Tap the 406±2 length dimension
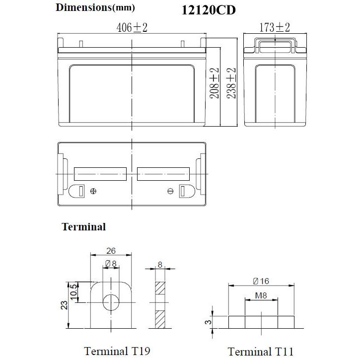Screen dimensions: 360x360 [x=132, y=28]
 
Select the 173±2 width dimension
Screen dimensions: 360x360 [x=275, y=28]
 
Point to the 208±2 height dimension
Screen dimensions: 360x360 [x=215, y=82]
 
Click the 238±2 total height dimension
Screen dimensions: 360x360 [x=231, y=82]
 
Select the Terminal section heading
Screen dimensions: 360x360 [x=83, y=227]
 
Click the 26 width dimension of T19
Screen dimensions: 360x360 [x=112, y=251]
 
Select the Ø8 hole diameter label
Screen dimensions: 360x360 [x=111, y=264]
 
